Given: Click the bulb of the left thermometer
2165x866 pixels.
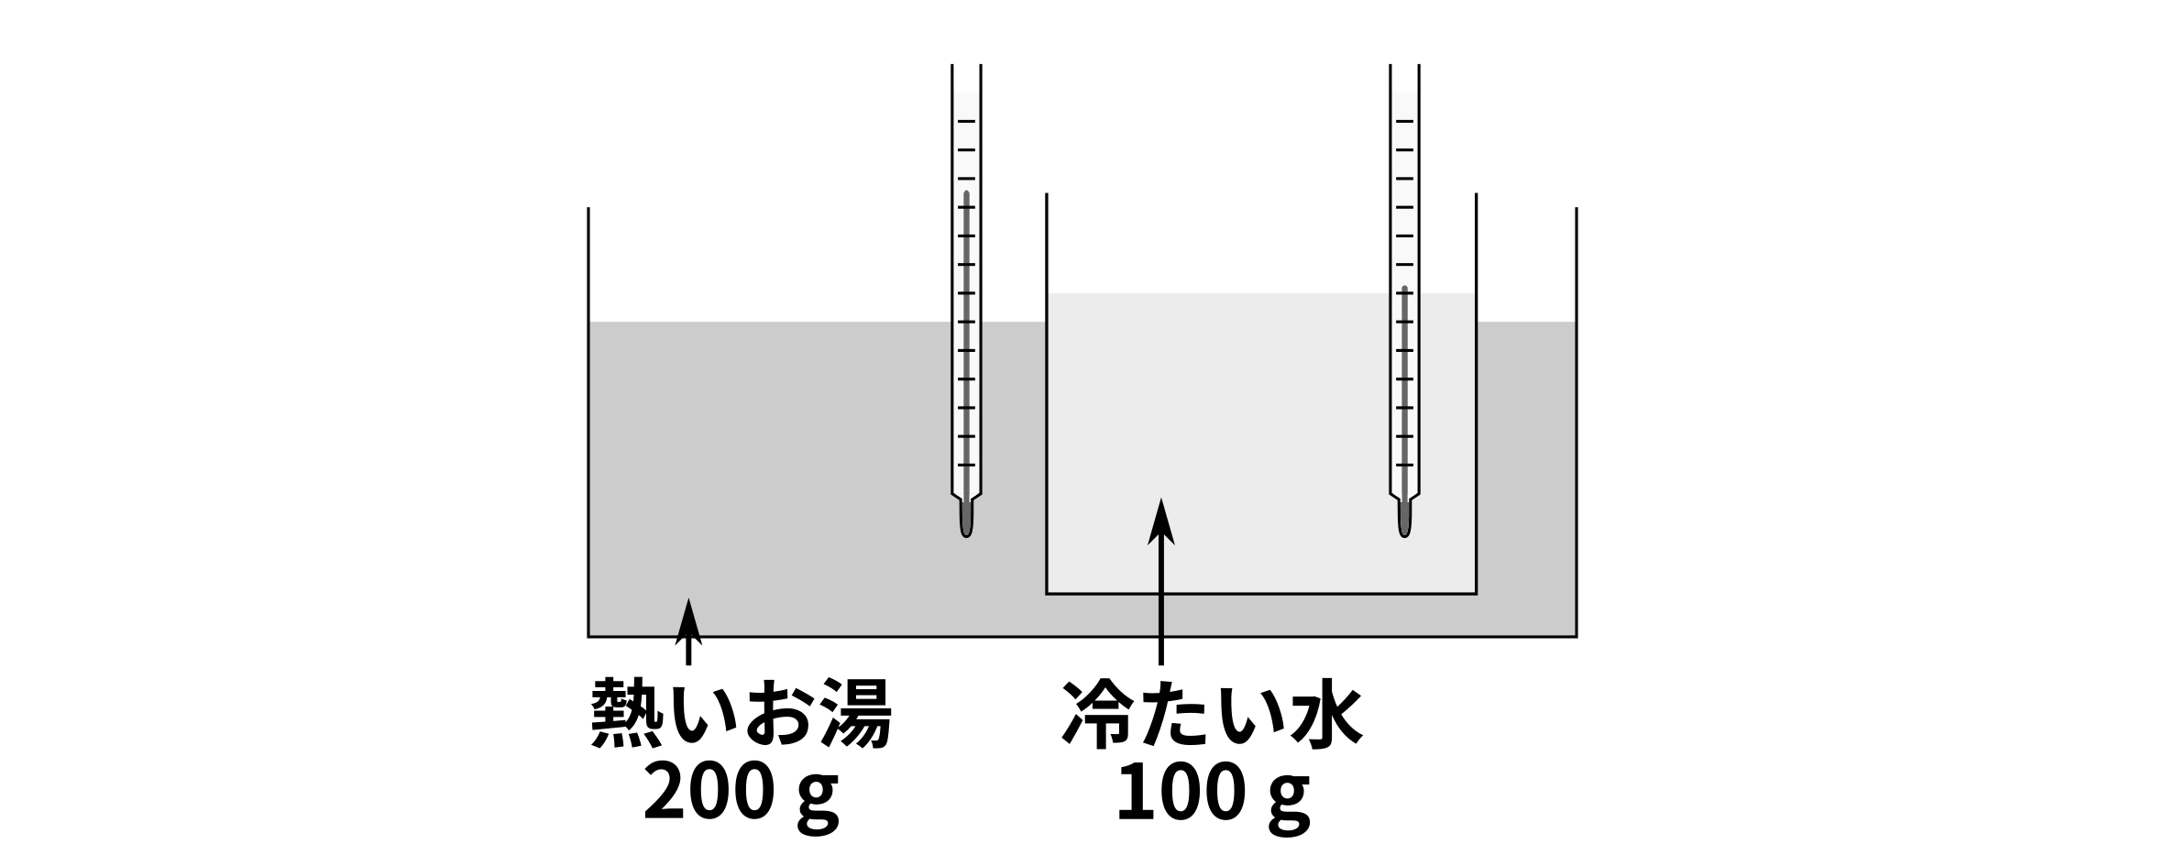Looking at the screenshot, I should [966, 519].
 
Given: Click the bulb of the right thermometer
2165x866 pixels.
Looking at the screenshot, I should [1404, 519].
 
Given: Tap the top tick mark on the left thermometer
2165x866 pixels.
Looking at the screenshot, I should [966, 121].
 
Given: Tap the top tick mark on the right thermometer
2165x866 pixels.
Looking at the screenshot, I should [1404, 121].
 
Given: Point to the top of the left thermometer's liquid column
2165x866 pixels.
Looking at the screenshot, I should [966, 194].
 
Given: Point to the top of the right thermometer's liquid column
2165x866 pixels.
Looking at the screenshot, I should [1404, 290].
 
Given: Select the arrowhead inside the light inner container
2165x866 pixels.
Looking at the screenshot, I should [1161, 521].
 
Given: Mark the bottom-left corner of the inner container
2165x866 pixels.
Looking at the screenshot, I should [1047, 594].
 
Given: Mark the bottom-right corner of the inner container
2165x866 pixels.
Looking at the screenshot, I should [1476, 594].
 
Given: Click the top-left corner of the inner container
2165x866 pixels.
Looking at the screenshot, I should [1048, 292].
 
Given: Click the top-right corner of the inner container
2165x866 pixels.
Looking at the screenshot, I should [1475, 292].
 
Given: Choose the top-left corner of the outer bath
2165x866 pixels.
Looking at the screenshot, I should [589, 322].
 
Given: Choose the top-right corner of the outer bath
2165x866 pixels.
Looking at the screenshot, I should [1575, 322].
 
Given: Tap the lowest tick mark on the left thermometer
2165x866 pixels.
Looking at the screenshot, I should [966, 465].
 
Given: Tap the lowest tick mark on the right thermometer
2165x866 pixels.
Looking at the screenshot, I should [1404, 465].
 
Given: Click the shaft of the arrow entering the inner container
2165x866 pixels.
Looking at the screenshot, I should [1161, 586].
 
